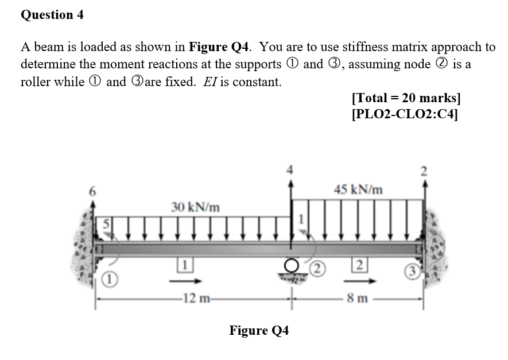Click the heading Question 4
[x=52, y=15]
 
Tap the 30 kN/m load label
[x=195, y=206]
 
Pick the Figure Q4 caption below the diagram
[x=259, y=330]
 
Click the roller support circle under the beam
[x=292, y=265]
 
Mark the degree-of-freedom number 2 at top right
[x=425, y=169]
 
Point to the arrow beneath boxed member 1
[x=188, y=281]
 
